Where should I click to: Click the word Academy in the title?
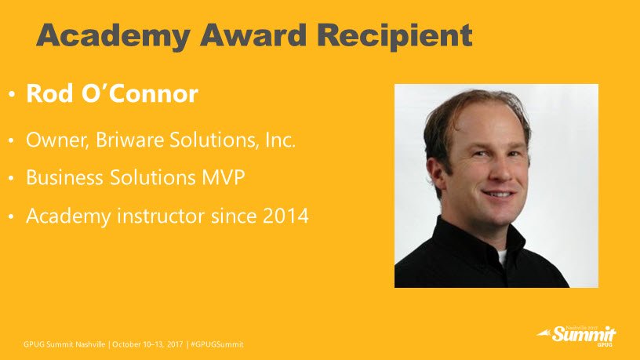[114, 37]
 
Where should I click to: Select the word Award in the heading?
[253, 35]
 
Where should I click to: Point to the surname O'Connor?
[140, 93]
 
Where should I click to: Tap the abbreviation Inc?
[280, 140]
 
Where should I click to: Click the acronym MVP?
[224, 177]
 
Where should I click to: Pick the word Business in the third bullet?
[64, 177]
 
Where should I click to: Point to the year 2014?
[285, 216]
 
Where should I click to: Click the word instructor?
[161, 216]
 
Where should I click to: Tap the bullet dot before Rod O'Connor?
[12, 95]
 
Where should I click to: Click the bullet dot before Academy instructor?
[12, 216]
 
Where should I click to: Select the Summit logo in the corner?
[576, 336]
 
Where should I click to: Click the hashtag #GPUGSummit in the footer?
[217, 344]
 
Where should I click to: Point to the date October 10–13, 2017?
[147, 344]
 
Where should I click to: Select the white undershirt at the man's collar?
[502, 257]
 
